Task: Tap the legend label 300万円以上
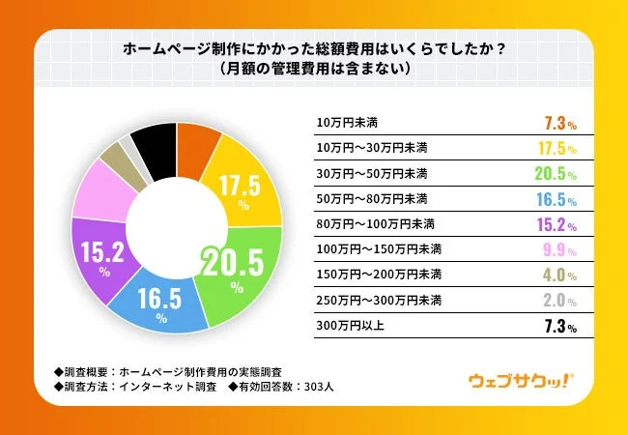[x=351, y=325]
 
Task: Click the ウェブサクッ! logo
[x=523, y=379]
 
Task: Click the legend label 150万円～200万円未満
[x=379, y=275]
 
